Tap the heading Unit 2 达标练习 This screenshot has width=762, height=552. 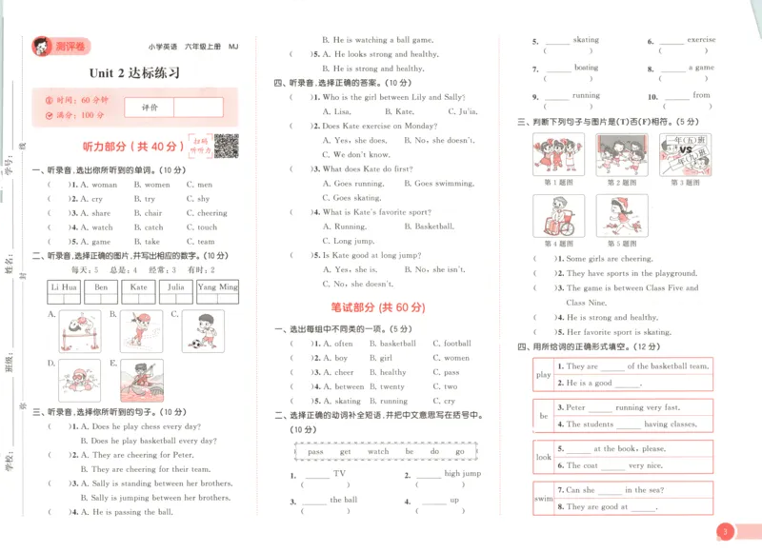(134, 72)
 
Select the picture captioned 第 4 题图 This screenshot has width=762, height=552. (558, 216)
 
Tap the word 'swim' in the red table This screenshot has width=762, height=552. (543, 499)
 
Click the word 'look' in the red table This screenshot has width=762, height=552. (543, 457)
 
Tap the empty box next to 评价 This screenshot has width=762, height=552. (198, 108)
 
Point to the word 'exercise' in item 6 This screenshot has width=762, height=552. (701, 40)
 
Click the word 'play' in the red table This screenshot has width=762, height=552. (543, 374)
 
